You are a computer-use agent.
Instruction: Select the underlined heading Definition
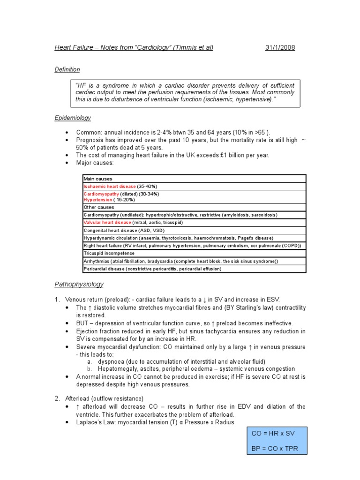point(67,69)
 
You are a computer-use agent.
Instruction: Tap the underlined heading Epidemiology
point(73,118)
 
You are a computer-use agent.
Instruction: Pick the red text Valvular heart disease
point(107,223)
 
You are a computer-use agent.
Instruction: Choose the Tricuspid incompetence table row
point(109,253)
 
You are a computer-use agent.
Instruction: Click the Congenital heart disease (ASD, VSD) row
point(124,231)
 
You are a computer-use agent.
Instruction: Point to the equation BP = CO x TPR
point(274,449)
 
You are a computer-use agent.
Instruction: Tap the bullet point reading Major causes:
point(95,163)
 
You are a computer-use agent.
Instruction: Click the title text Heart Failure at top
point(74,48)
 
